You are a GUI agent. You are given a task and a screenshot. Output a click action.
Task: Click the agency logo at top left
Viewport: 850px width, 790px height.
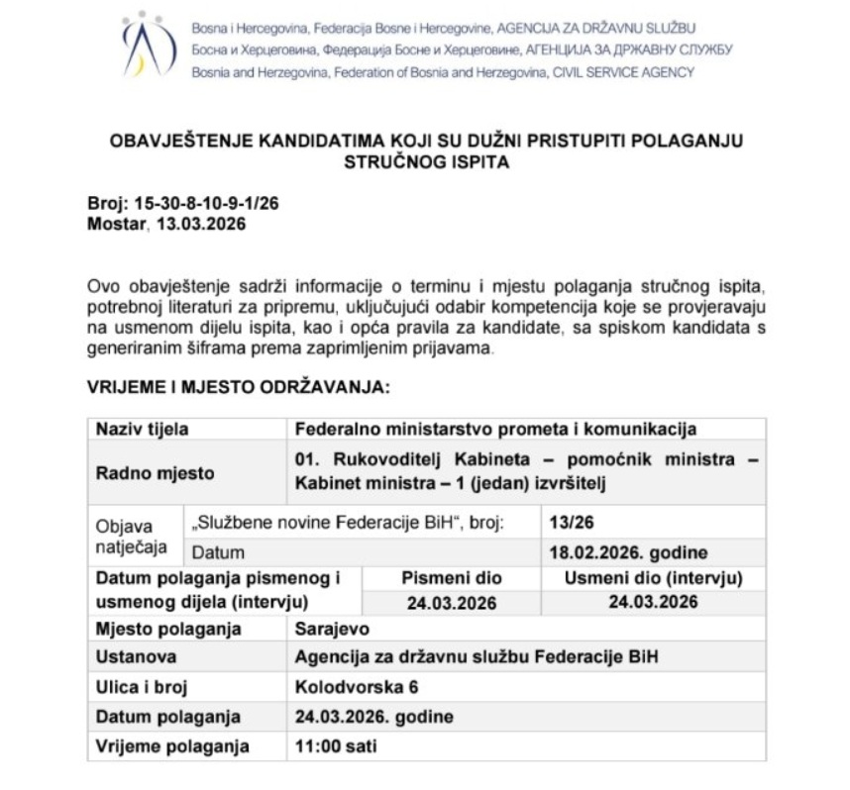(148, 46)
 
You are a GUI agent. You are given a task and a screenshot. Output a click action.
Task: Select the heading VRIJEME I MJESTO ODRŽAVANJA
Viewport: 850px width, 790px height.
(239, 387)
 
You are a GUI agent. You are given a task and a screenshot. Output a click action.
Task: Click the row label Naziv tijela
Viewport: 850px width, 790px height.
(143, 429)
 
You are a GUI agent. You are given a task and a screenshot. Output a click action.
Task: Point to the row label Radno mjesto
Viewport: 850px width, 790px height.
(155, 473)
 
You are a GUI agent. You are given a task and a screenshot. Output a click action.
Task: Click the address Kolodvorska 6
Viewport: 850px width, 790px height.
(357, 686)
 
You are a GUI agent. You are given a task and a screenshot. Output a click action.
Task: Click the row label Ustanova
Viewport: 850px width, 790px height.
(137, 657)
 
